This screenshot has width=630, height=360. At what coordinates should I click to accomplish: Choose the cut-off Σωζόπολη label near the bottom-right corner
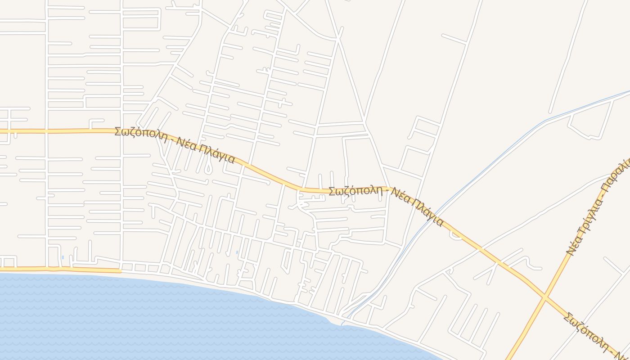(585, 330)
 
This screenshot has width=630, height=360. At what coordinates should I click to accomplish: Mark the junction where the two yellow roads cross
(545, 297)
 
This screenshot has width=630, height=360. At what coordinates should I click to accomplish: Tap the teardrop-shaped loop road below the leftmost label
(208, 169)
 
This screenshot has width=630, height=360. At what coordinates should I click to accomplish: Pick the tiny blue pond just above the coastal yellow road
(63, 257)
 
